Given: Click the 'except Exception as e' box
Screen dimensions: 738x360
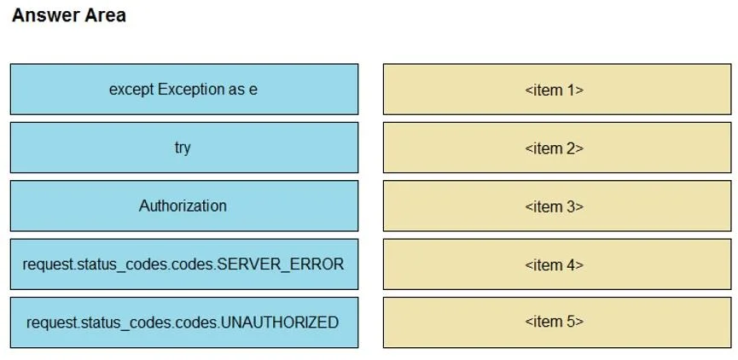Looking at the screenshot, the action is pyautogui.click(x=184, y=89).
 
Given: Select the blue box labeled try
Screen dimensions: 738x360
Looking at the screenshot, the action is pyautogui.click(x=184, y=148).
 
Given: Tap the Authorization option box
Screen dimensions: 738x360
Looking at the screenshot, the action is pyautogui.click(x=184, y=206).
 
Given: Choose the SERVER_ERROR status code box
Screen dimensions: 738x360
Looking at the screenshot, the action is pyautogui.click(x=184, y=264).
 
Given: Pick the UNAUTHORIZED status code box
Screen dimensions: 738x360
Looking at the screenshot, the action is pyautogui.click(x=184, y=322).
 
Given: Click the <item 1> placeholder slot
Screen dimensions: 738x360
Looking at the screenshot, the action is pyautogui.click(x=557, y=89).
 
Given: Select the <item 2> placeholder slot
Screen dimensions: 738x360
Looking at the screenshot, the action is pyautogui.click(x=557, y=148).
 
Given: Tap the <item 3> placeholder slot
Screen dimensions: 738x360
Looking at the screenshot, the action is pyautogui.click(x=557, y=206).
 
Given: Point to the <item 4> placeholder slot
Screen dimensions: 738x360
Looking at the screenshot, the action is pyautogui.click(x=557, y=264).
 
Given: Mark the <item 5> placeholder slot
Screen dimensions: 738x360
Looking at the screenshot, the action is pyautogui.click(x=557, y=322).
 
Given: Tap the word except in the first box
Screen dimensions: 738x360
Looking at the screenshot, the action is pyautogui.click(x=131, y=90).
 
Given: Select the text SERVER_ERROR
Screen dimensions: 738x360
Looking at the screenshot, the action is pyautogui.click(x=280, y=264).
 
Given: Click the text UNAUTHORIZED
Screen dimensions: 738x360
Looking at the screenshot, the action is pyautogui.click(x=280, y=322).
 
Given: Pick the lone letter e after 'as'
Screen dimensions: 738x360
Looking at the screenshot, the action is pyautogui.click(x=253, y=90).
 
